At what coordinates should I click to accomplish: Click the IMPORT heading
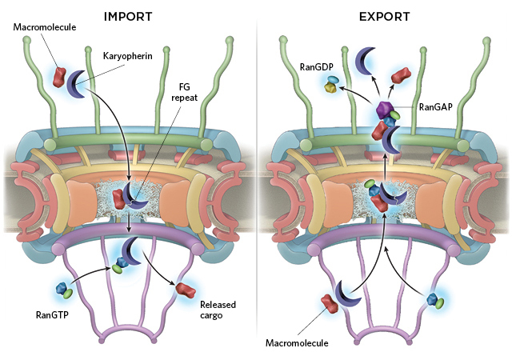tap(128, 17)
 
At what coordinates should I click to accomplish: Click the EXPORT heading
tap(384, 17)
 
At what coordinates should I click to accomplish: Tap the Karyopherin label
tap(128, 56)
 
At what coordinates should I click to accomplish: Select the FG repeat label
tap(185, 92)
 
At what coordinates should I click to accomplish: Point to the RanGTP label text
tap(52, 315)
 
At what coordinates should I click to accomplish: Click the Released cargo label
tap(218, 310)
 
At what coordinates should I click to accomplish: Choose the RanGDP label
tap(317, 67)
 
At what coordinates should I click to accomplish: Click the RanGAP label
tap(435, 107)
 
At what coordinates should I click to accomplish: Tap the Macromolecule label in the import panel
tap(45, 26)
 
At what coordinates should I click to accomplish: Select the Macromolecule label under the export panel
tap(297, 343)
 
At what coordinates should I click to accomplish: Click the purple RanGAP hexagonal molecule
tap(384, 110)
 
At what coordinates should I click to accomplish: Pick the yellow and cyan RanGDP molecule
tap(331, 84)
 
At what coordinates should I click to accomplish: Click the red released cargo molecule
tap(186, 290)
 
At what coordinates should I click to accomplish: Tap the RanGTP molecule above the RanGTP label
tap(64, 290)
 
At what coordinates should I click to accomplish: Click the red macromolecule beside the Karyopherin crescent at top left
tap(59, 77)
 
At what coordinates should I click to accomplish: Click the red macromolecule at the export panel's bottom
tap(330, 303)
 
